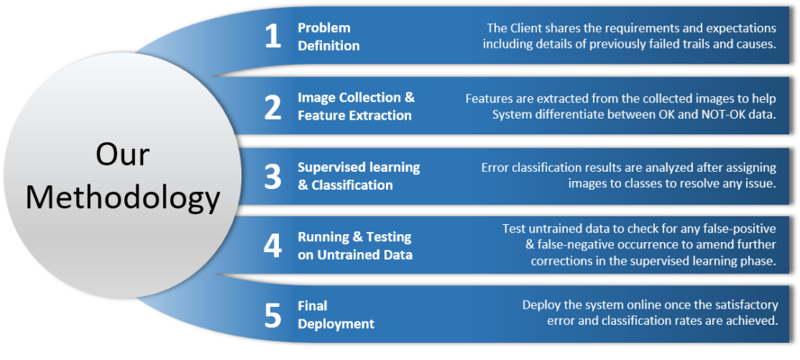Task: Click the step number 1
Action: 272,37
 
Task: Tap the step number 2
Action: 272,107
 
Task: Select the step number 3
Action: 272,176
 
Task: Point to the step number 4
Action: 272,245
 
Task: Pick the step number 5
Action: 272,315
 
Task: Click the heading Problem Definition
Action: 328,37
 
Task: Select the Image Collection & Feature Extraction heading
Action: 355,107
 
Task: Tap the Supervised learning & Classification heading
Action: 358,176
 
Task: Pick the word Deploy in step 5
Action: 542,305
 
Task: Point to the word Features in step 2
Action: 490,98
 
